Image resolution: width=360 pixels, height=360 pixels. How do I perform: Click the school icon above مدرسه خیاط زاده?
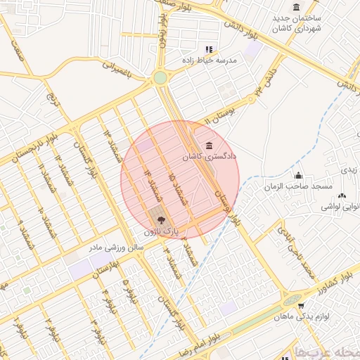pyautogui.click(x=208, y=49)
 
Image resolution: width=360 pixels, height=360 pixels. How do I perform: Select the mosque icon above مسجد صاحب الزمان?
pyautogui.click(x=300, y=175)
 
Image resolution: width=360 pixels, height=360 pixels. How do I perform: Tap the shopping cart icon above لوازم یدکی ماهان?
pyautogui.click(x=301, y=306)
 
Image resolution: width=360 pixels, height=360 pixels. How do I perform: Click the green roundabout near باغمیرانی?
pyautogui.click(x=160, y=77)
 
